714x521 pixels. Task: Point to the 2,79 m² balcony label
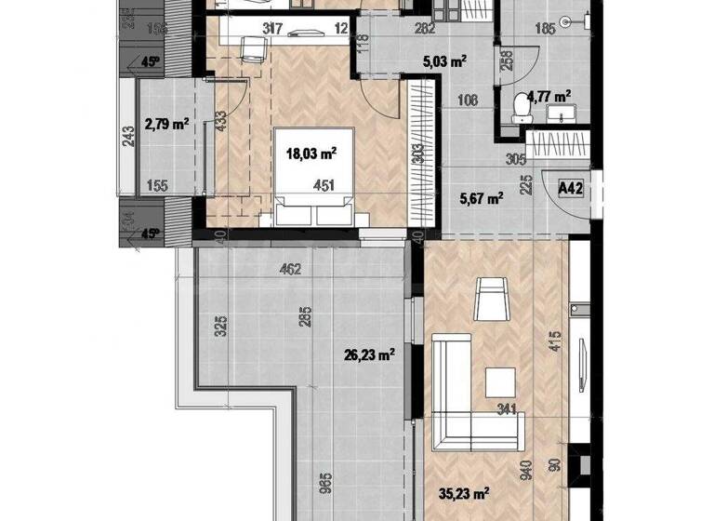tap(167, 124)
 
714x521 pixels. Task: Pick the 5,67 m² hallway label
tap(483, 197)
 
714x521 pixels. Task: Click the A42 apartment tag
tap(570, 188)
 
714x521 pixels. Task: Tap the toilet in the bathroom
tap(521, 110)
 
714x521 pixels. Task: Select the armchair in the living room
tap(490, 300)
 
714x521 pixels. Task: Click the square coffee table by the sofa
tap(503, 382)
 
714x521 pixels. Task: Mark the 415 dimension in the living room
tap(553, 342)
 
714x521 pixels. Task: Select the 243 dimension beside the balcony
tap(128, 136)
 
